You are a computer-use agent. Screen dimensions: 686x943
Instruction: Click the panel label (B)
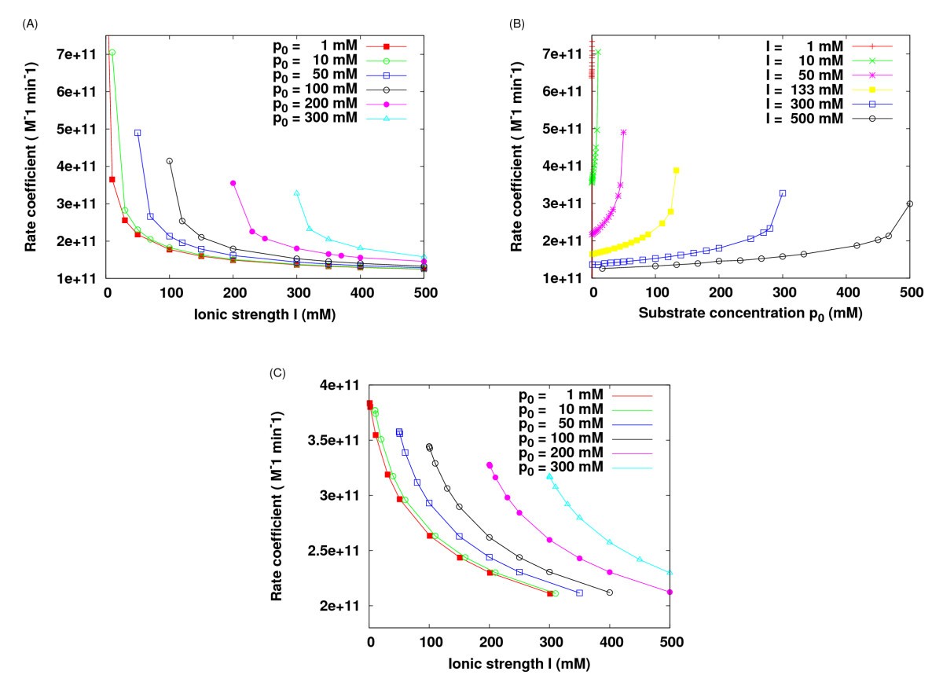pyautogui.click(x=517, y=24)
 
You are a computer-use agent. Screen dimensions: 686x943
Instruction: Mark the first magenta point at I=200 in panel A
pyautogui.click(x=233, y=183)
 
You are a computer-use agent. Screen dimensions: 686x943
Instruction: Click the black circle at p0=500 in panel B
pyautogui.click(x=910, y=204)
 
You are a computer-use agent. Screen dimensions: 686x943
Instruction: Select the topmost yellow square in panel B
pyautogui.click(x=676, y=171)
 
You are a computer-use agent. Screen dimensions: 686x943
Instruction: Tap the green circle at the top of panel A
pyautogui.click(x=112, y=53)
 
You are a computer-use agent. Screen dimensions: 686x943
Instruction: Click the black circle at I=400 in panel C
pyautogui.click(x=610, y=592)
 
